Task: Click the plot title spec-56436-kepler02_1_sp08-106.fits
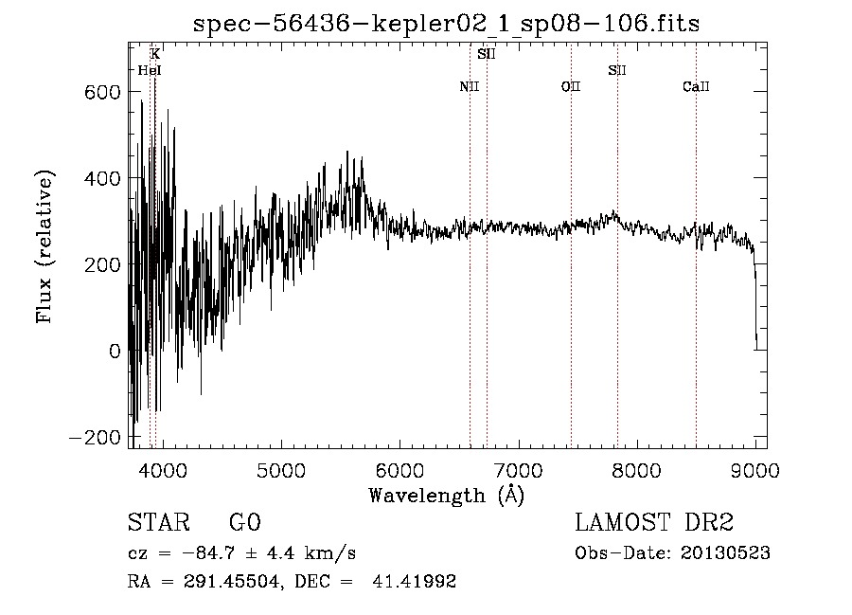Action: point(446,24)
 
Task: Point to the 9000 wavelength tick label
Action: point(754,469)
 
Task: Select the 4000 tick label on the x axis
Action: point(163,469)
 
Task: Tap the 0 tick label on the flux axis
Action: point(115,351)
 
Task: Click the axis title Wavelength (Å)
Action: point(446,495)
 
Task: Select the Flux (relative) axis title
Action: point(45,247)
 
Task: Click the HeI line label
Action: point(149,70)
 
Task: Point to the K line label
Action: point(155,55)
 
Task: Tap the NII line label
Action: point(470,87)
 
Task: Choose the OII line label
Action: point(570,87)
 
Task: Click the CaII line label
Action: point(696,87)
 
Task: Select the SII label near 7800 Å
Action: point(617,70)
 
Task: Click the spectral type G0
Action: point(244,523)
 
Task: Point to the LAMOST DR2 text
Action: point(654,523)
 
